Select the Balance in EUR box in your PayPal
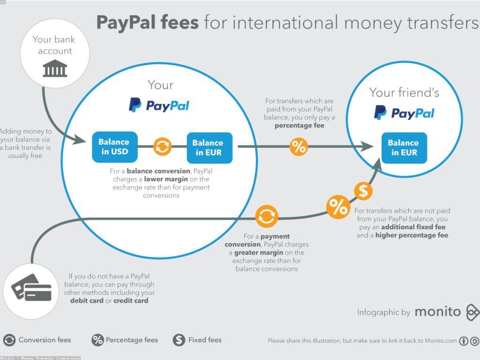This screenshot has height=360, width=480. click(x=210, y=148)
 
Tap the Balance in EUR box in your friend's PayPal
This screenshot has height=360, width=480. click(x=404, y=148)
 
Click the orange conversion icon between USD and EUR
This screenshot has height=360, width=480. click(x=162, y=147)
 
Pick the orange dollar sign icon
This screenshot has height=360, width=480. click(x=363, y=191)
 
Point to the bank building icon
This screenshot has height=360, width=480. click(x=55, y=69)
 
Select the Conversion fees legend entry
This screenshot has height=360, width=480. click(x=37, y=340)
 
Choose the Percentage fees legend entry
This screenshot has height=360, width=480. click(x=125, y=340)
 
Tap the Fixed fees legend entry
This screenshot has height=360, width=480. click(x=197, y=340)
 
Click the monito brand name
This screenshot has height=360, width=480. click(x=437, y=312)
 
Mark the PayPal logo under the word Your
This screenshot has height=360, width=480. click(x=159, y=105)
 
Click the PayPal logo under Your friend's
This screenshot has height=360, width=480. click(x=404, y=113)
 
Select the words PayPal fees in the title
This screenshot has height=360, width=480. click(x=147, y=22)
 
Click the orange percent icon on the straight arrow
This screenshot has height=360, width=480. click(x=299, y=147)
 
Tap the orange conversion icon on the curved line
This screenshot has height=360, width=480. click(x=267, y=216)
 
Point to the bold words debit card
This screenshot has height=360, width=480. click(x=87, y=300)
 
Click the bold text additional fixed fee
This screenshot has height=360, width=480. click(x=413, y=227)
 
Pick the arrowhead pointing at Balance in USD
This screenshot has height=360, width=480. click(x=80, y=140)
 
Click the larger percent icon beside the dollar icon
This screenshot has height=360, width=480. click(x=338, y=207)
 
